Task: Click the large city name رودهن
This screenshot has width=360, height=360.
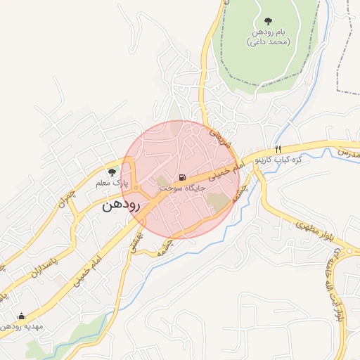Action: [122, 205]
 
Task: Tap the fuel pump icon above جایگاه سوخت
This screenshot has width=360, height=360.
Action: [182, 176]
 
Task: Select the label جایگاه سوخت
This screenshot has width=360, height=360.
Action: [182, 188]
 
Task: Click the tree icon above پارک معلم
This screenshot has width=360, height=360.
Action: [111, 172]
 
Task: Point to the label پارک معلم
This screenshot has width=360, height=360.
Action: [111, 183]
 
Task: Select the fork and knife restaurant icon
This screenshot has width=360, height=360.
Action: [278, 149]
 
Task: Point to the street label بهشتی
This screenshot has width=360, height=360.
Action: [134, 241]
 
